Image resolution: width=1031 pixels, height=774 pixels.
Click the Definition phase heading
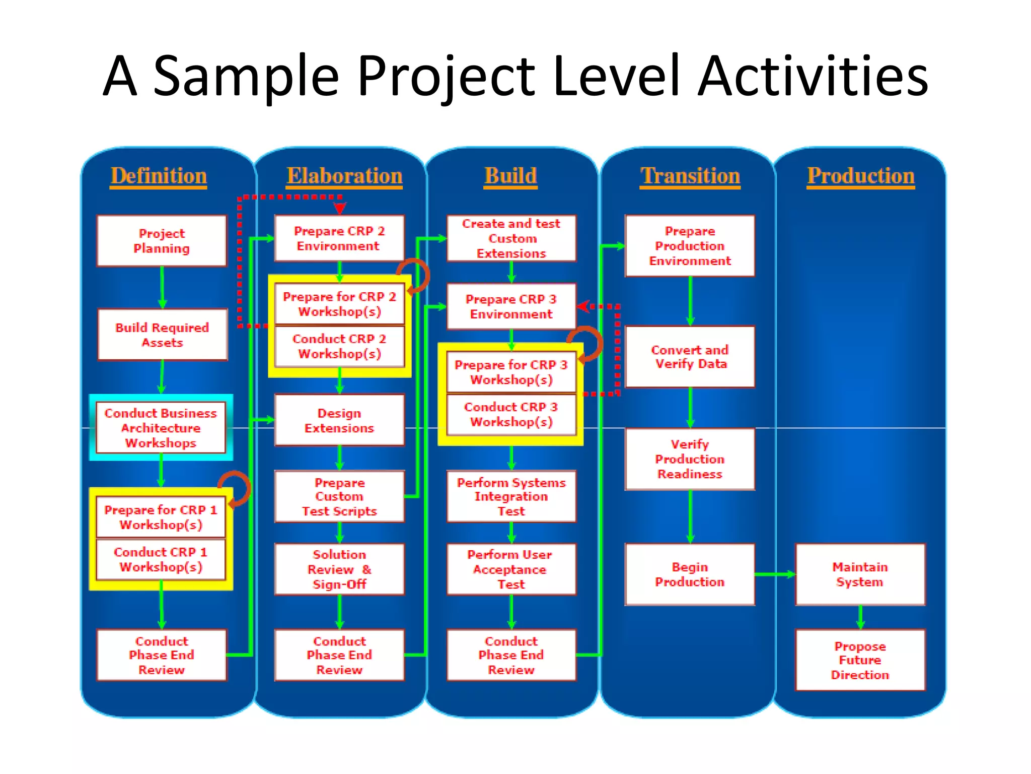coord(159,176)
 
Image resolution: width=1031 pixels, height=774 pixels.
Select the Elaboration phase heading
coord(344,176)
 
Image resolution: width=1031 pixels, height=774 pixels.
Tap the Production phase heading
coord(861,176)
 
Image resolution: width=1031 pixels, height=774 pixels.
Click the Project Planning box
coord(162,241)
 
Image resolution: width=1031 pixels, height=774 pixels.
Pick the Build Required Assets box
coord(162,335)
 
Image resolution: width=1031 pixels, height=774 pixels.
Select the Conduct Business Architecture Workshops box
coord(161,428)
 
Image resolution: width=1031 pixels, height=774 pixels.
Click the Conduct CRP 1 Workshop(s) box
coord(161,559)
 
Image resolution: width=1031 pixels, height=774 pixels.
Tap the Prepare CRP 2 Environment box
coord(339,238)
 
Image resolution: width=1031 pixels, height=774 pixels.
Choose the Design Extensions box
coord(339,420)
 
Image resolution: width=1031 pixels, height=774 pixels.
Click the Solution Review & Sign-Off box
coord(339,569)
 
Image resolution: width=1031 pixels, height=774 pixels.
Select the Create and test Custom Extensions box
coord(511,238)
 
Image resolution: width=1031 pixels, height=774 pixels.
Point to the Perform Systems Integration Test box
coord(511,496)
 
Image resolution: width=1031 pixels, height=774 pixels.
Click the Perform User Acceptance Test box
coord(511,569)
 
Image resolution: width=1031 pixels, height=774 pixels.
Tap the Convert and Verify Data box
coord(690,357)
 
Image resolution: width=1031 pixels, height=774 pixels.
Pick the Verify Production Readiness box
coord(690,459)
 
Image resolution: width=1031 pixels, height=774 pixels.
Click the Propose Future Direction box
coord(860,660)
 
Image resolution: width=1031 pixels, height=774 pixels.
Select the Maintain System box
coord(860,574)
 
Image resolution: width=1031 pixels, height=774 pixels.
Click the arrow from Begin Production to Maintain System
coord(775,574)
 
